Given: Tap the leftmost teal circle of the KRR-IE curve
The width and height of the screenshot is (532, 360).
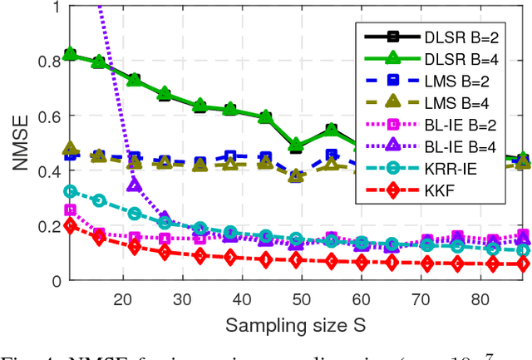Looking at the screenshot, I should [x=70, y=191].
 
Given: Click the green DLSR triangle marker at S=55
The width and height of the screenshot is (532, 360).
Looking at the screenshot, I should [x=331, y=130].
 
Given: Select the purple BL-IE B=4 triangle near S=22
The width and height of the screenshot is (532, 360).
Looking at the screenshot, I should [x=135, y=185].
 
